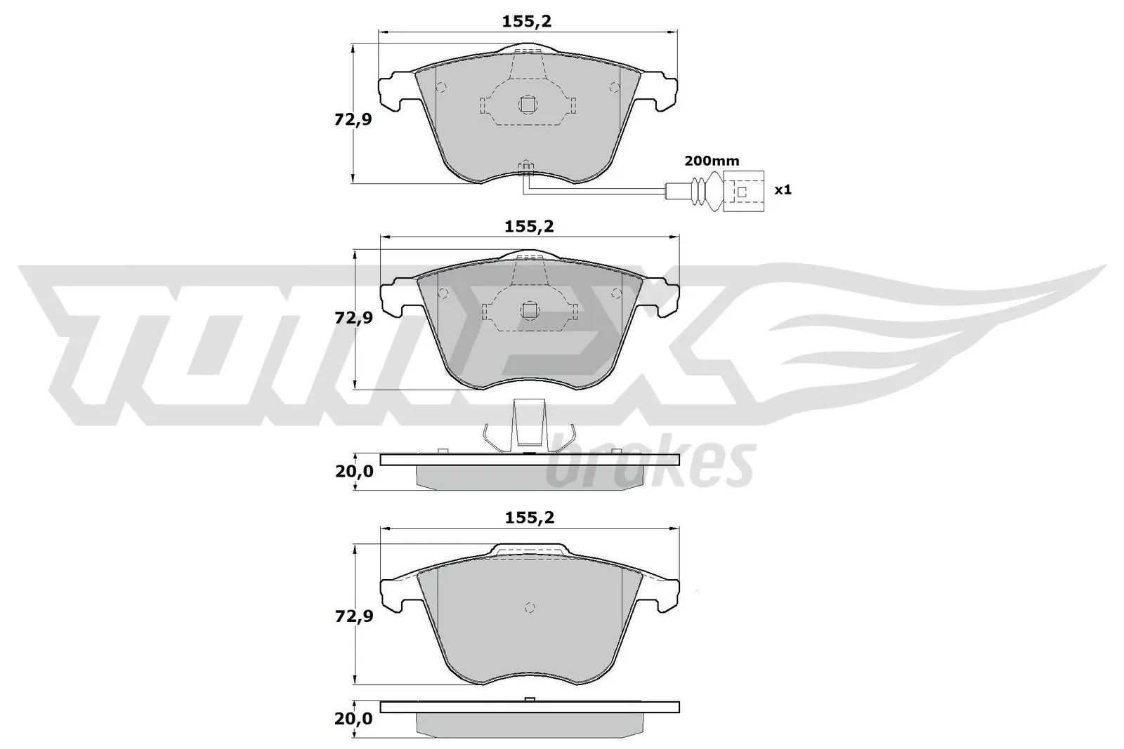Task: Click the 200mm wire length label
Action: (712, 161)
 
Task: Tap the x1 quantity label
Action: (783, 190)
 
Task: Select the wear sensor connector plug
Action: (744, 190)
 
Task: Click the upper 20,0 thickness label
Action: (355, 472)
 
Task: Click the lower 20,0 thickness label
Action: (355, 719)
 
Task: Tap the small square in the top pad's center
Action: (528, 104)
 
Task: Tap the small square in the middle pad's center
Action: (528, 309)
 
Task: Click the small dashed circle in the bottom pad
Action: (530, 608)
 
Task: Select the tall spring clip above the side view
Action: (530, 423)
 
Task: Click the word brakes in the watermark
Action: (650, 465)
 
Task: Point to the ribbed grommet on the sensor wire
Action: (700, 190)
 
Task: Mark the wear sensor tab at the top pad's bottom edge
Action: (525, 167)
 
